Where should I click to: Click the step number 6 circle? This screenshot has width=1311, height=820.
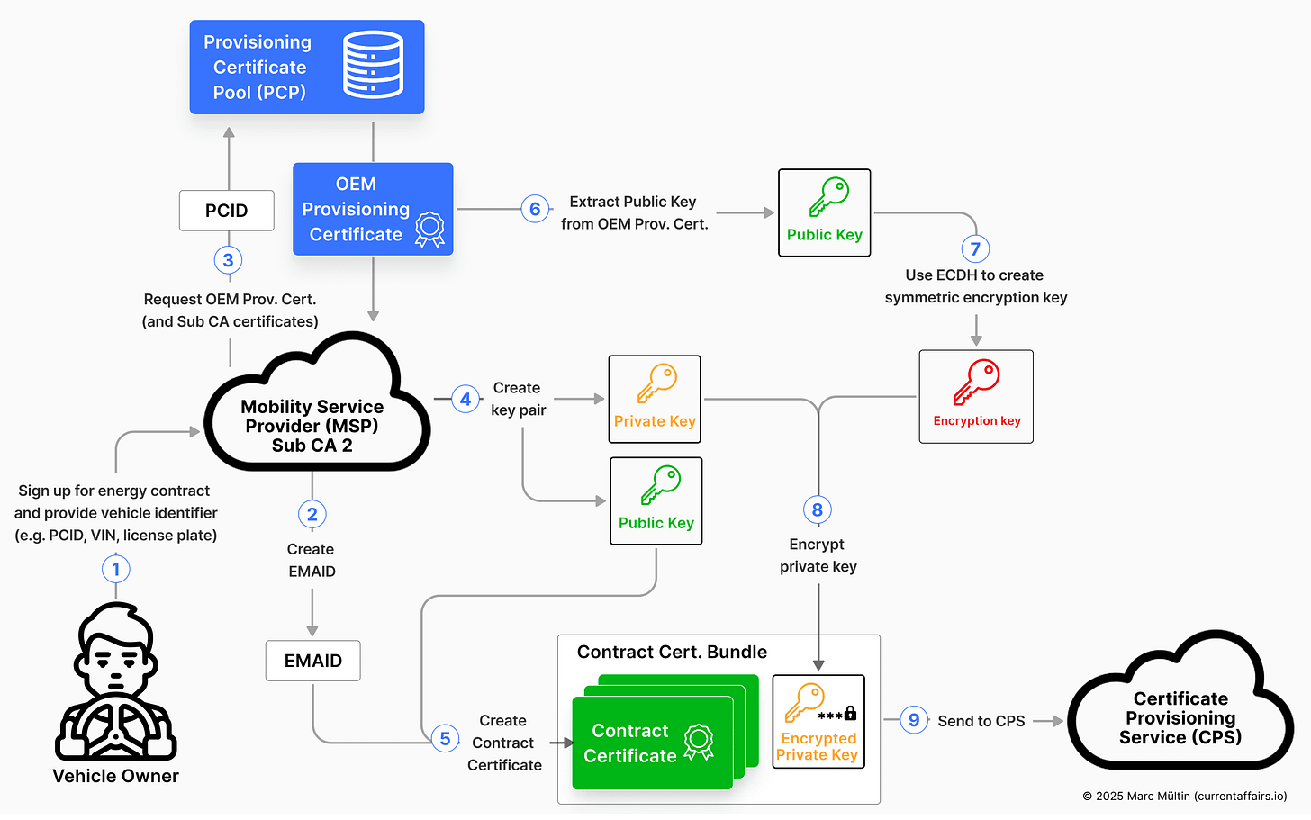tap(535, 210)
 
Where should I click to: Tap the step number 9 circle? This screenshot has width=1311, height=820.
tap(914, 720)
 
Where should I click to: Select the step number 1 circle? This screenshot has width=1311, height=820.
tap(115, 569)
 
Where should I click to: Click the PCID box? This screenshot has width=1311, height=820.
tap(227, 211)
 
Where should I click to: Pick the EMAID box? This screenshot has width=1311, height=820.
tap(313, 661)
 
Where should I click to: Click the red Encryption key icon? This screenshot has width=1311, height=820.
tap(977, 382)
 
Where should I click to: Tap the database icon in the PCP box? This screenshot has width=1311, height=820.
tap(373, 65)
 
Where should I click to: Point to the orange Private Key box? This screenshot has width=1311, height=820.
tap(655, 399)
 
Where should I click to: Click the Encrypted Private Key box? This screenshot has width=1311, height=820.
tap(818, 721)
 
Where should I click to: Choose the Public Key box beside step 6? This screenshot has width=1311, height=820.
tap(825, 212)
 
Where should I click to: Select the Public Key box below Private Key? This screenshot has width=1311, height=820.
tap(656, 501)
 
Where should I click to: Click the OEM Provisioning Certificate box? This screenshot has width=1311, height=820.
tap(373, 209)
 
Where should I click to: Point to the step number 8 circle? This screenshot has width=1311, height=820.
tap(818, 510)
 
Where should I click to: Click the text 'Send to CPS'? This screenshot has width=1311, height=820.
tap(981, 721)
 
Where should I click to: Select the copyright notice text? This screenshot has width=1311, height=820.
tap(1185, 797)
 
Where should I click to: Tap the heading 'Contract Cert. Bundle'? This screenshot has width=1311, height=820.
tap(672, 652)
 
